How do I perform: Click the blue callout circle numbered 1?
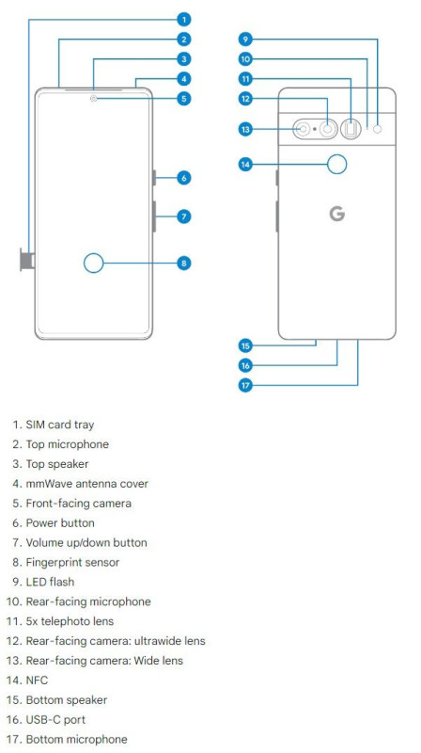(x=183, y=19)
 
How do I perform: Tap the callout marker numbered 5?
(x=183, y=99)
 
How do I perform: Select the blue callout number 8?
(x=183, y=264)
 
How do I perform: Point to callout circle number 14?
(x=245, y=165)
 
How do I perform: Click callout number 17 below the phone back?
(x=245, y=385)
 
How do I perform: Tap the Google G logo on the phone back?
(x=337, y=214)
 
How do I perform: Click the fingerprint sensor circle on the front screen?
(x=93, y=264)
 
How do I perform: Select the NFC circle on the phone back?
(x=337, y=165)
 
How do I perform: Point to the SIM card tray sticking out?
(x=27, y=260)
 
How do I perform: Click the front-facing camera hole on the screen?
(x=93, y=99)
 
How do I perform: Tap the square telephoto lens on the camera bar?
(x=352, y=129)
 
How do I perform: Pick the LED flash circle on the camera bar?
(x=378, y=129)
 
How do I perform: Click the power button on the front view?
(x=154, y=178)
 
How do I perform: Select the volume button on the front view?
(x=154, y=216)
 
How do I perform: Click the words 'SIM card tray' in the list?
(x=60, y=425)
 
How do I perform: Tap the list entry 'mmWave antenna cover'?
(x=86, y=484)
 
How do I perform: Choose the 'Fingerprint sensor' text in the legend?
(x=72, y=562)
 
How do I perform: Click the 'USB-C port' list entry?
(x=55, y=720)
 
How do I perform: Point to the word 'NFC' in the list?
(x=37, y=681)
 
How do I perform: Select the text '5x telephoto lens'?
(x=70, y=621)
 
